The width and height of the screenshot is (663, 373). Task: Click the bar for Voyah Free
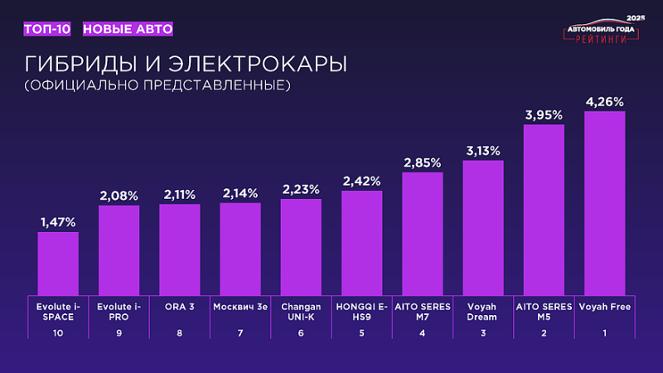tap(604, 202)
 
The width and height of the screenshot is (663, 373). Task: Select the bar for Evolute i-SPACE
tap(58, 263)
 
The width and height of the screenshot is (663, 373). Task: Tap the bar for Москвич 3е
tap(240, 249)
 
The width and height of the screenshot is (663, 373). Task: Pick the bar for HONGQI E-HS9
tap(361, 242)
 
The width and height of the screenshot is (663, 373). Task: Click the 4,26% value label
tap(604, 102)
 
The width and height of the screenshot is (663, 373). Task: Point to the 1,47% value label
tap(58, 222)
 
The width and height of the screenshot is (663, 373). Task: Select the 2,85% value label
tap(423, 162)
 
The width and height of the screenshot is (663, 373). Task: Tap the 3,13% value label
tap(483, 150)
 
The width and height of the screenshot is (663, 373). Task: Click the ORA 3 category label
tap(180, 307)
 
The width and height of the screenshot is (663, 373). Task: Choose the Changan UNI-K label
tap(301, 312)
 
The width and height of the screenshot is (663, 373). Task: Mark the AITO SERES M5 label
tap(544, 312)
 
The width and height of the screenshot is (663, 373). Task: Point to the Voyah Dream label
tap(483, 312)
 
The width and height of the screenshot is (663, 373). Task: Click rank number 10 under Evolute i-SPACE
tap(58, 332)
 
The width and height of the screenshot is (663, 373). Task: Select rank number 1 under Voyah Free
tap(604, 332)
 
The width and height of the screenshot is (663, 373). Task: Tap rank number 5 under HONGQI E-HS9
tap(361, 332)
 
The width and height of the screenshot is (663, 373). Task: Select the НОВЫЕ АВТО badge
tap(128, 29)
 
